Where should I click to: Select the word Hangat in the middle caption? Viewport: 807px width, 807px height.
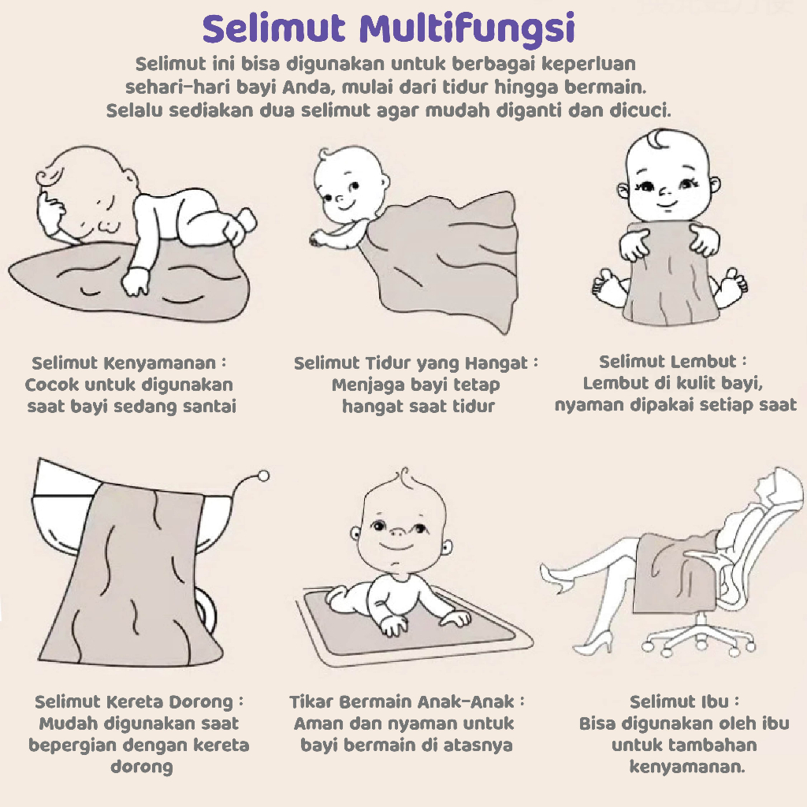(496, 364)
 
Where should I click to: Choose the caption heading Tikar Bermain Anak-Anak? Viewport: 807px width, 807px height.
(402, 701)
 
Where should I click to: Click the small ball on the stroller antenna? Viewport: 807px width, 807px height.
(263, 476)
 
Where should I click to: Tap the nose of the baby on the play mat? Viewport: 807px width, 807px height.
(397, 530)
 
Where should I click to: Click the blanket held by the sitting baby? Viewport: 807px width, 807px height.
(669, 273)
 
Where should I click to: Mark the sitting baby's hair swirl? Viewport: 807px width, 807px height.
(656, 138)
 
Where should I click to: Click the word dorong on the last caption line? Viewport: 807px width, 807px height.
(142, 767)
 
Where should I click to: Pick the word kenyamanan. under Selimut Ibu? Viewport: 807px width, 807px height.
(687, 767)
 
